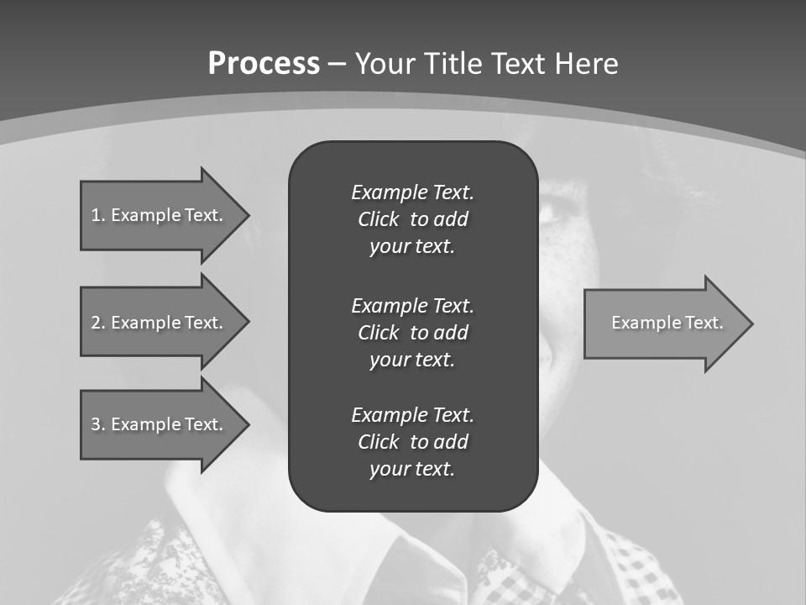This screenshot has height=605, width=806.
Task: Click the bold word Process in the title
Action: [264, 64]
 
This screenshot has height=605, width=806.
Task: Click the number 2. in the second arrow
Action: [97, 323]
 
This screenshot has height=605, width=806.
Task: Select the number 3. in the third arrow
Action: [97, 424]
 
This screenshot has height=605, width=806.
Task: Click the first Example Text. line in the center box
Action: [412, 192]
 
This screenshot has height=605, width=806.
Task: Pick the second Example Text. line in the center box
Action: [412, 305]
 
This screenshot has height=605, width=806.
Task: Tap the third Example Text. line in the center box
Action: [412, 414]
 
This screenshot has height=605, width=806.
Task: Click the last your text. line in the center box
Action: [412, 469]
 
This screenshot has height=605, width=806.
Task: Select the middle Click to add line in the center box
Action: [412, 333]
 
